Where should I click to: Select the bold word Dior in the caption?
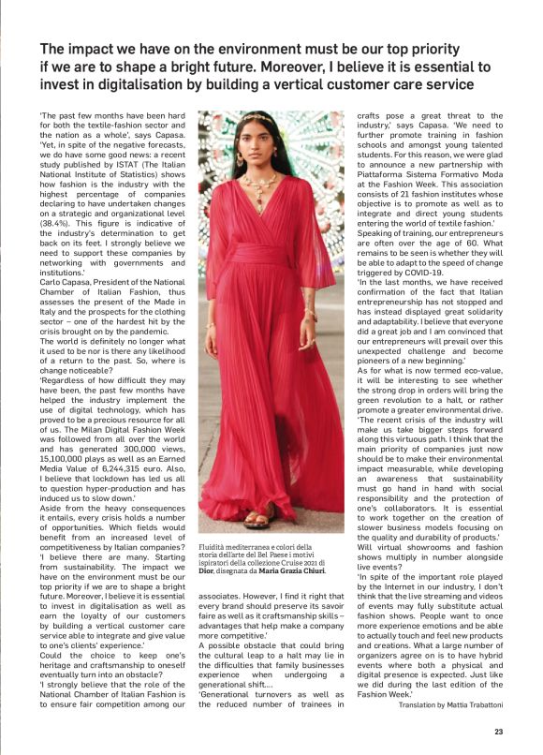click(x=208, y=570)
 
